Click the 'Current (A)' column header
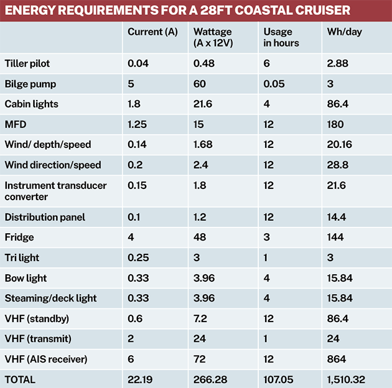coord(152,32)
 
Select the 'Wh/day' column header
coord(341,32)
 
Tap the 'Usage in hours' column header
coord(281,37)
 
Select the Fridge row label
coord(19,238)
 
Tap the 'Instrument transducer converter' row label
coord(55,191)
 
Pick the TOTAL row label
coord(20,379)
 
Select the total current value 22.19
coord(141,379)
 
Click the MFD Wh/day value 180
coord(335,124)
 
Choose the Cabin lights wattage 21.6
coord(203,104)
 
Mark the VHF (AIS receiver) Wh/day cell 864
coord(336,359)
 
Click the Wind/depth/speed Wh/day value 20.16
coord(340,144)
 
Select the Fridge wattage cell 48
coord(200,238)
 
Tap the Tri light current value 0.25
coord(138,258)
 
